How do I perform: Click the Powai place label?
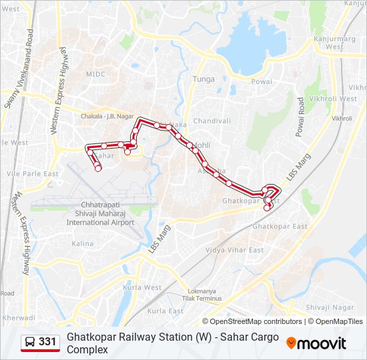point(262,81)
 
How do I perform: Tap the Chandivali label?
point(212,121)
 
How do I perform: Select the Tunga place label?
point(204,79)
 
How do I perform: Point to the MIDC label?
point(95,75)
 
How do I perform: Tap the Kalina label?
point(83,244)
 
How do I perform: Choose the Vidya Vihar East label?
point(234,250)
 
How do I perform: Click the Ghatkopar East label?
point(284,227)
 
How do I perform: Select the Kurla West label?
point(142,287)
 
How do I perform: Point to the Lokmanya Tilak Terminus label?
point(204,295)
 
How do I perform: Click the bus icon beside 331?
point(30,342)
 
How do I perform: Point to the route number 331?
point(47,342)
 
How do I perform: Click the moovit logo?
point(316,343)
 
